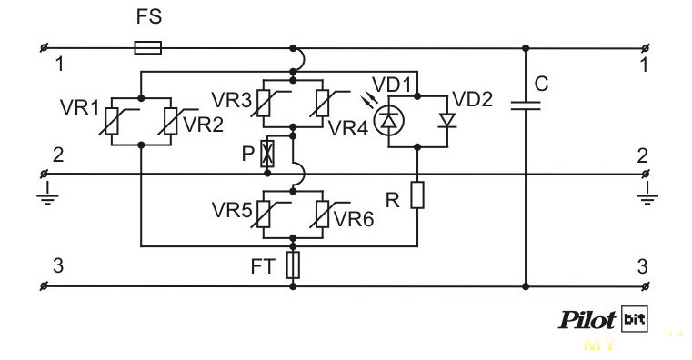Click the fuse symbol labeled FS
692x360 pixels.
[x=148, y=47]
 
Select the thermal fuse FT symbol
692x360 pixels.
[x=293, y=265]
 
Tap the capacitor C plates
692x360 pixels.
[x=526, y=105]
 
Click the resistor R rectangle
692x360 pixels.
[x=417, y=195]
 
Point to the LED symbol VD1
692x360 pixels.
[x=388, y=119]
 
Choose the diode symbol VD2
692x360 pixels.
[x=447, y=120]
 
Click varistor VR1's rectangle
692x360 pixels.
[x=112, y=121]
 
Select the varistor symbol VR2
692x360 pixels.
[x=170, y=121]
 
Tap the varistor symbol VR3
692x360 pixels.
[x=264, y=103]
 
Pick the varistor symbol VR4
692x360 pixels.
[x=323, y=103]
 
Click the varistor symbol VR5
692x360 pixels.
[x=264, y=214]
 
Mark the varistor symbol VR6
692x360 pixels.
[x=323, y=214]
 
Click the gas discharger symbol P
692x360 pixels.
[x=267, y=154]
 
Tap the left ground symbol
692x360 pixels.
[x=47, y=195]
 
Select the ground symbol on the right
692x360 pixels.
[x=647, y=195]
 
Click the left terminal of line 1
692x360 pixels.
[x=45, y=47]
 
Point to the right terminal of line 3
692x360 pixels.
[x=646, y=286]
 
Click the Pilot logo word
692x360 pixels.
[x=587, y=319]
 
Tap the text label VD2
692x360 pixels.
[x=472, y=100]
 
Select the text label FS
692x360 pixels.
[x=149, y=16]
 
